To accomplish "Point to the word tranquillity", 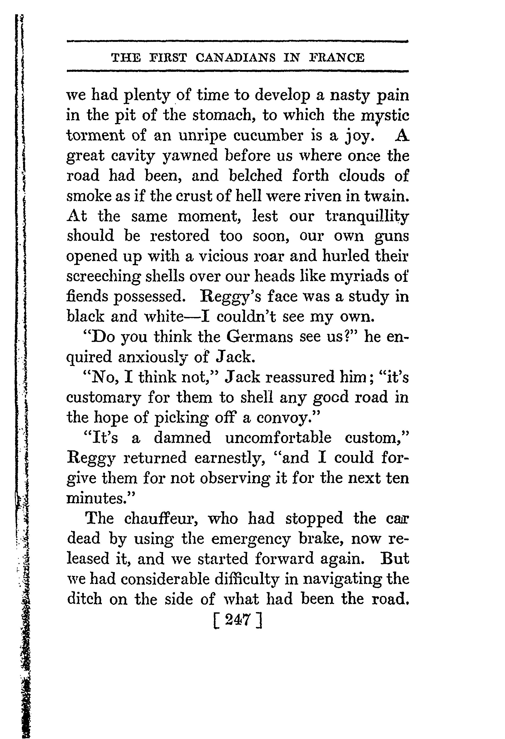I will coord(367,217).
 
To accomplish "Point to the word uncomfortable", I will coord(278,438).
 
